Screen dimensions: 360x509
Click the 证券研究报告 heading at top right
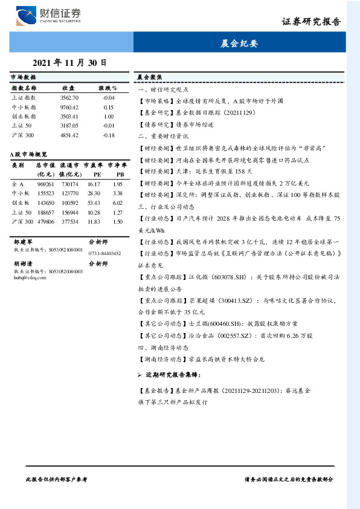310,22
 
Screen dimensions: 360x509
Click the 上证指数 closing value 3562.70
69,97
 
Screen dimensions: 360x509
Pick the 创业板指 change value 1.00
109,116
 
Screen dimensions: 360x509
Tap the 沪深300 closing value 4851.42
69,135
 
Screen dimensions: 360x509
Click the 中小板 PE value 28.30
94,193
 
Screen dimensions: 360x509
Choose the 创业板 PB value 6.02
118,203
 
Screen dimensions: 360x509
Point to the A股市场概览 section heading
29,155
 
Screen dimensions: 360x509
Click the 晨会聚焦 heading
148,78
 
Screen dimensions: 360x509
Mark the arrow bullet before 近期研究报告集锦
140,375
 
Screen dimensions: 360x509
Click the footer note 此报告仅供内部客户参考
57,478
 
